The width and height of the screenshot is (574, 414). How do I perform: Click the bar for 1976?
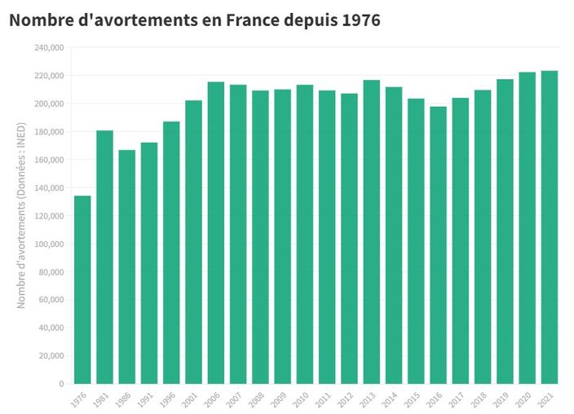82,289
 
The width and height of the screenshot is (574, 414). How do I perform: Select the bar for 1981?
104,257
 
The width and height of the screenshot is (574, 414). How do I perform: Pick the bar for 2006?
216,232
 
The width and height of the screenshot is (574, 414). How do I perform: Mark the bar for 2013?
372,231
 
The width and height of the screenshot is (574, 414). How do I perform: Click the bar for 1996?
171,252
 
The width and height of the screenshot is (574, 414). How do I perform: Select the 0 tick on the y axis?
60,384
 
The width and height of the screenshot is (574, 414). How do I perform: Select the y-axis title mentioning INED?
22,215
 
